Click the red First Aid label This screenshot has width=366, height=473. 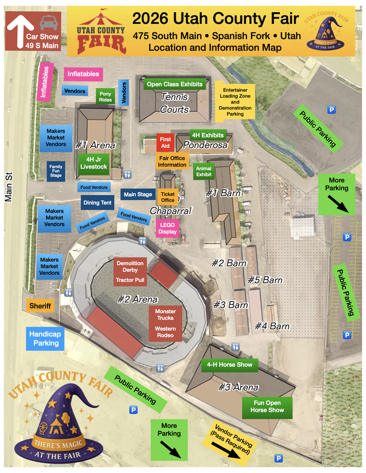tap(165, 142)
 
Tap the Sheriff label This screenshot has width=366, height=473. tap(40, 306)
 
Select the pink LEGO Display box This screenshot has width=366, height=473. tap(167, 228)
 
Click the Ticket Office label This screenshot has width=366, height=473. tap(168, 197)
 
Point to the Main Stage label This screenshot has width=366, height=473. tap(138, 194)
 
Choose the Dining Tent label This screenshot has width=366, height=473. tap(97, 202)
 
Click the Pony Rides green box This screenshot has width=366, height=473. tap(105, 97)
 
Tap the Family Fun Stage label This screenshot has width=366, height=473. tap(56, 171)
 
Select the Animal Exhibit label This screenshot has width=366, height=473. tap(204, 171)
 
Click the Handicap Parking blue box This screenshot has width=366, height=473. tap(45, 339)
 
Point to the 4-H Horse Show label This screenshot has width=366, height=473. tap(229, 365)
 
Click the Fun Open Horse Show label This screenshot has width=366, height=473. tap(267, 407)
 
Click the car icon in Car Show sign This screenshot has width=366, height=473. tap(49, 23)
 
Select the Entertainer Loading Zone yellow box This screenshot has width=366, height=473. tap(235, 102)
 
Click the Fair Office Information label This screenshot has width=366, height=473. tap(172, 162)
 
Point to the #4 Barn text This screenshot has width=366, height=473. tap(272, 326)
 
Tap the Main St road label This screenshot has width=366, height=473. tap(9, 187)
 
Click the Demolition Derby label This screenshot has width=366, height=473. tap(130, 266)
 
